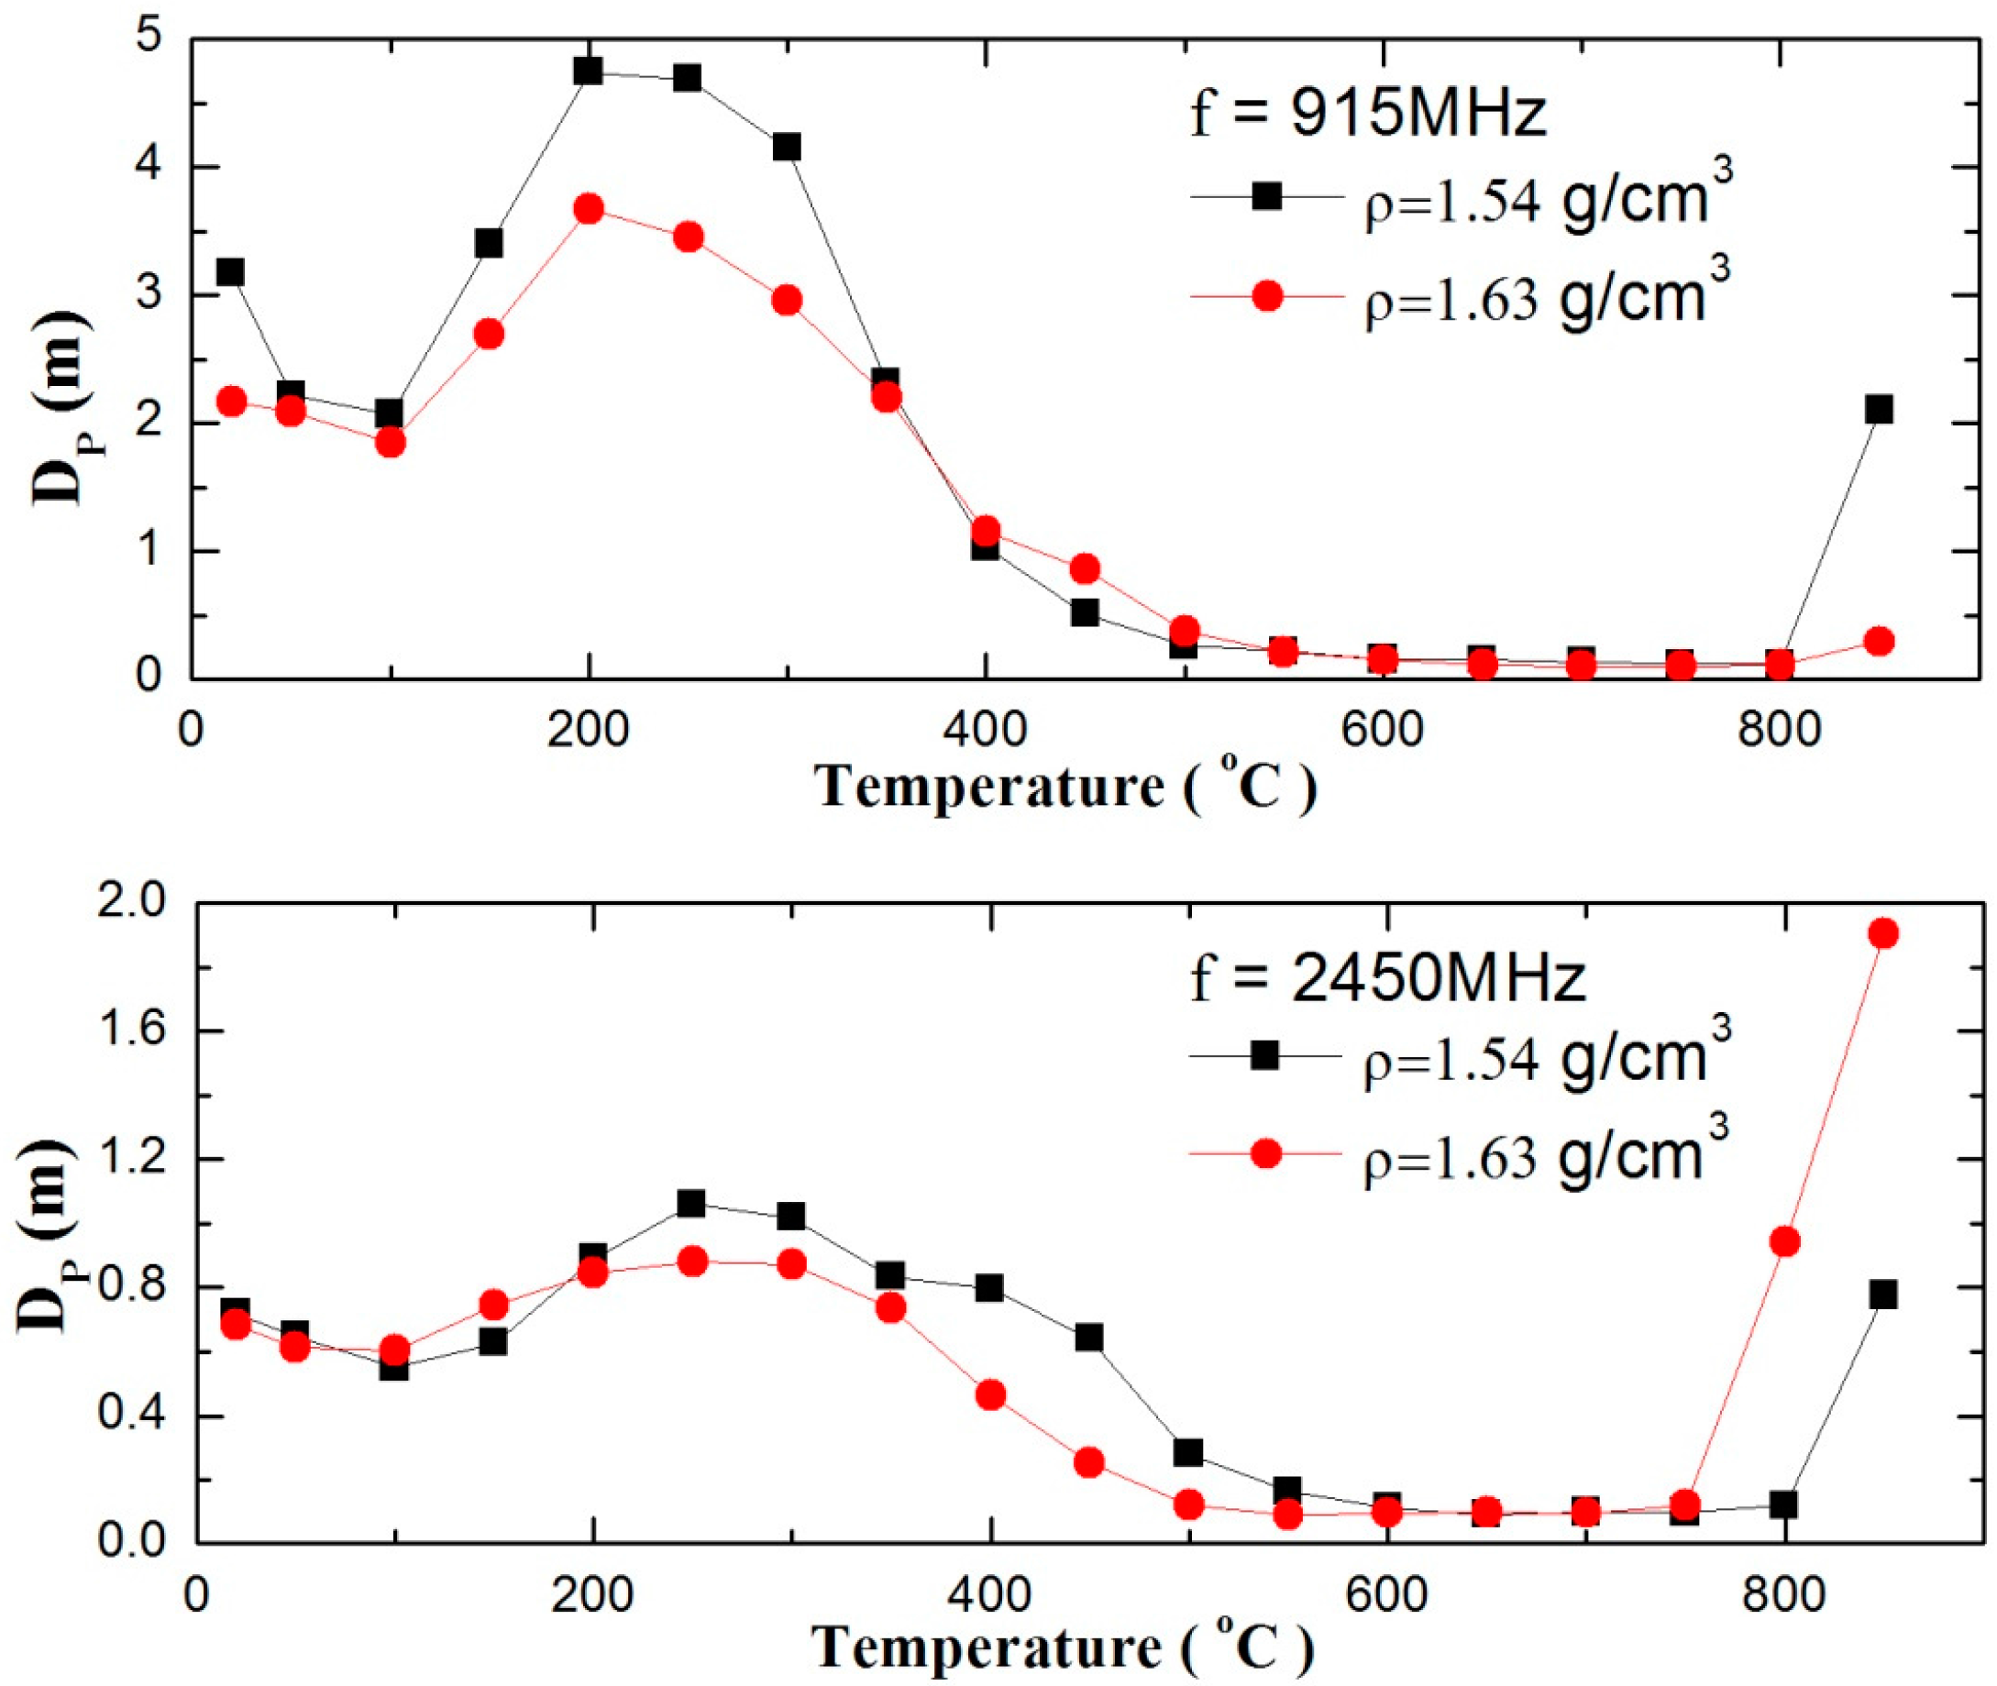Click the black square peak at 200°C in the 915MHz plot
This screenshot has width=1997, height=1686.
click(x=589, y=71)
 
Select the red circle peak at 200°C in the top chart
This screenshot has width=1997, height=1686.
click(x=589, y=209)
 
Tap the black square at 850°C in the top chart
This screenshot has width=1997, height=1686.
click(x=1879, y=410)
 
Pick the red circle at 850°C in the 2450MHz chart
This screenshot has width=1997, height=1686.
click(x=1883, y=932)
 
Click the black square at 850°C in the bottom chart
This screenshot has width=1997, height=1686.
click(x=1883, y=1295)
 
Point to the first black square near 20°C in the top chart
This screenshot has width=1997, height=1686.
click(x=230, y=273)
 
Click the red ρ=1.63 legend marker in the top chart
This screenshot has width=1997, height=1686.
click(x=1266, y=297)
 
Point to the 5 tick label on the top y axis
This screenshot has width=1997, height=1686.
click(x=153, y=40)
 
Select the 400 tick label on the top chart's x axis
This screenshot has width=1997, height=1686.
click(x=985, y=729)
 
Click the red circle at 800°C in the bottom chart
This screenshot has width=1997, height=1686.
click(x=1785, y=1242)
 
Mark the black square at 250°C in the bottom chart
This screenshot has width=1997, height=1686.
click(x=691, y=1204)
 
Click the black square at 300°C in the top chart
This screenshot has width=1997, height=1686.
click(x=786, y=148)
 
